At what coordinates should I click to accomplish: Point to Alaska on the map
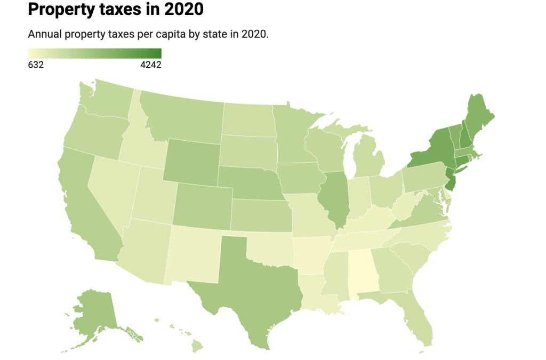96,315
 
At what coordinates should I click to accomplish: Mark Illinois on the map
334,200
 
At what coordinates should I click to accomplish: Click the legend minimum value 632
36,65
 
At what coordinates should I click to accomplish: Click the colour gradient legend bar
94,53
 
